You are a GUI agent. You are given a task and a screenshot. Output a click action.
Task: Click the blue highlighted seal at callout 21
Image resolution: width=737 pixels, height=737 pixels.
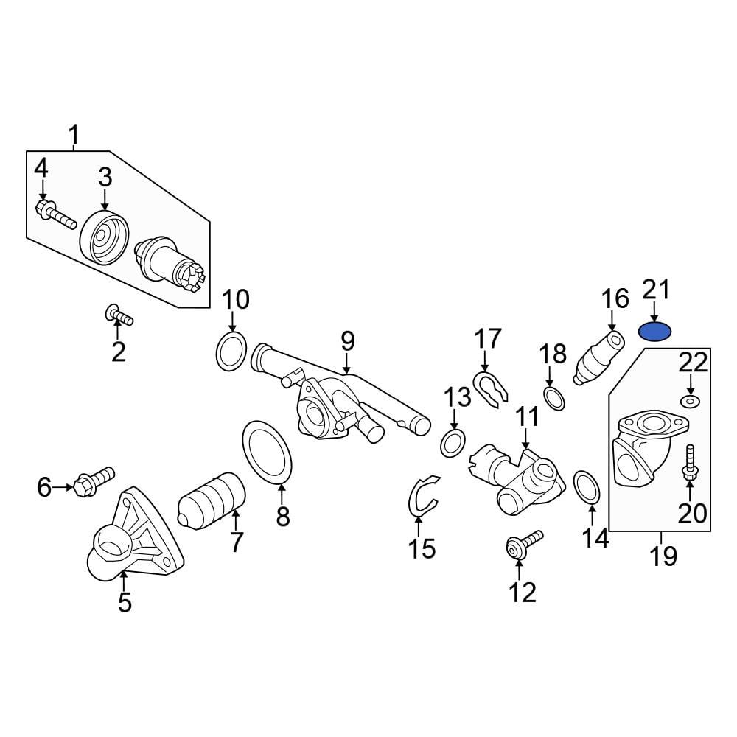coord(654,332)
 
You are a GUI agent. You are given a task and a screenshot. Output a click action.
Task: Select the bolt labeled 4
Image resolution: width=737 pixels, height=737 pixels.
coord(54,213)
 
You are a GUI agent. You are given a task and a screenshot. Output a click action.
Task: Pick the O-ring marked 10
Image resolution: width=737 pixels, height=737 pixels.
coord(231,352)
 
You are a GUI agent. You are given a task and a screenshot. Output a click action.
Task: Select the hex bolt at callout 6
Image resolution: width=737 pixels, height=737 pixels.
coord(91,482)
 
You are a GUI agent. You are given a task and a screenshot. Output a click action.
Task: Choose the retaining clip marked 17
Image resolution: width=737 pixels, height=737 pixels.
coord(489,389)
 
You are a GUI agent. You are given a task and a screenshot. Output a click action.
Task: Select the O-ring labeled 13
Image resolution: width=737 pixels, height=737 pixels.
coord(453,444)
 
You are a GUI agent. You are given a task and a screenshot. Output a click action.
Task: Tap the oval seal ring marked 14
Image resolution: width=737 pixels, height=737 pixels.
coord(587,488)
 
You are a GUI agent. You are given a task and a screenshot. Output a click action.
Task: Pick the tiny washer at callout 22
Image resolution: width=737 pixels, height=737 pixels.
coord(691,402)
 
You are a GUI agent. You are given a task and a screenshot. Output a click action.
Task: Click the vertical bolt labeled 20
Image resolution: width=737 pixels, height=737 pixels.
coord(690,464)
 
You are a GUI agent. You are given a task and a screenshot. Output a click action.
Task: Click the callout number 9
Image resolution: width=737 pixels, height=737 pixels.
coord(347,342)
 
